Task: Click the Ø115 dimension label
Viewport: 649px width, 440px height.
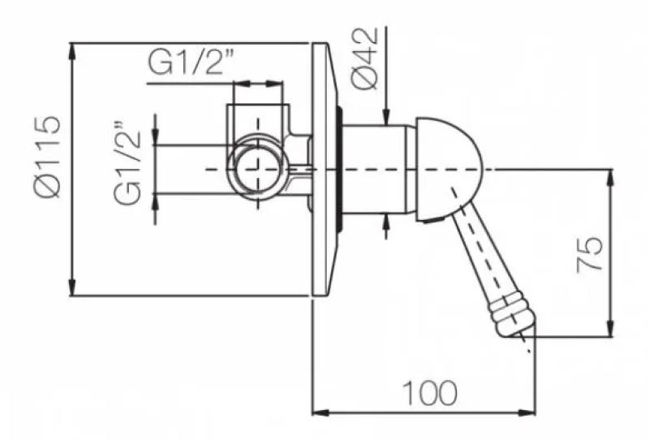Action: pos(47,157)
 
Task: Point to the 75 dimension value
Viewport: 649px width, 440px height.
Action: pos(590,254)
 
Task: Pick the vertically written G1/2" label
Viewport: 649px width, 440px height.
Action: pos(127,163)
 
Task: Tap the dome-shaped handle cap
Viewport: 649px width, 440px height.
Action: pos(449,170)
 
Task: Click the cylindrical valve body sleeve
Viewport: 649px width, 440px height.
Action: pos(375,169)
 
